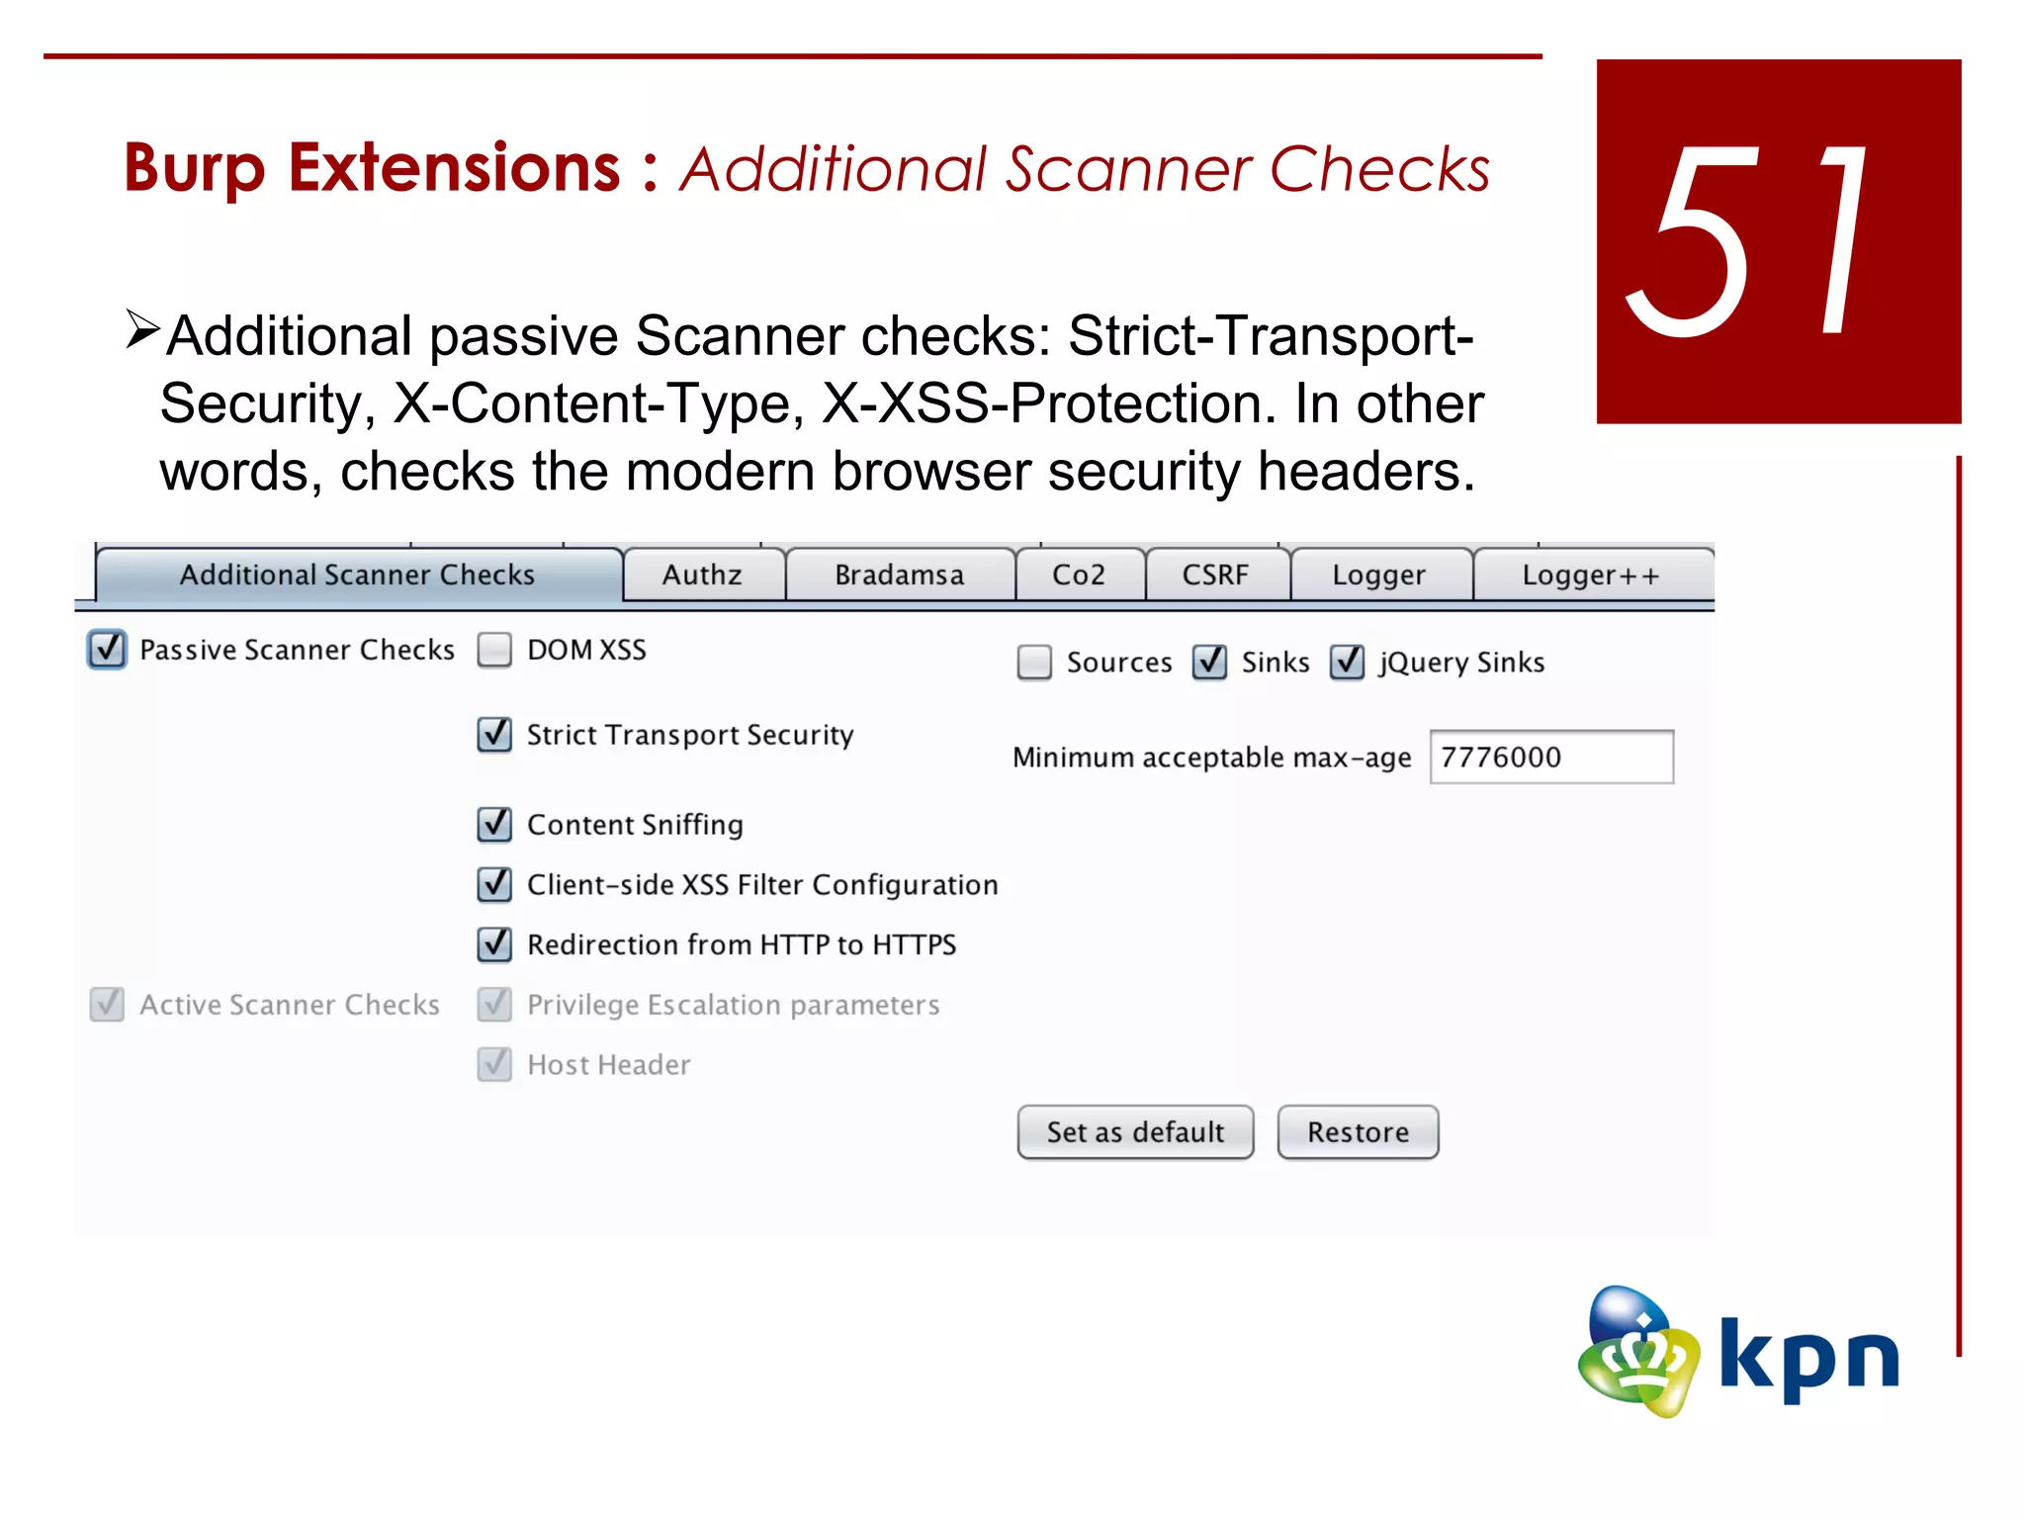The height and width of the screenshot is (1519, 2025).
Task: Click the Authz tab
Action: coord(702,575)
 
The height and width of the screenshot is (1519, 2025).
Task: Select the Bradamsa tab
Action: coord(899,575)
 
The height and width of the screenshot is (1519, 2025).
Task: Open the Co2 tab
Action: coord(1079,575)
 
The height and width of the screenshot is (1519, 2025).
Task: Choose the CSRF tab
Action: coord(1215,575)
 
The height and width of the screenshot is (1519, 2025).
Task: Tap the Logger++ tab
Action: coord(1591,575)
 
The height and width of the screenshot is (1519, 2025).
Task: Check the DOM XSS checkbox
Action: coord(494,650)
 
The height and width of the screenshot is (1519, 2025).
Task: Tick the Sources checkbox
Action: coord(1034,662)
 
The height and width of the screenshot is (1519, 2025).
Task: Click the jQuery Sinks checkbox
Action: coord(1347,662)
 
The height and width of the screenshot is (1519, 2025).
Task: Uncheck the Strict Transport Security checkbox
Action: coord(494,735)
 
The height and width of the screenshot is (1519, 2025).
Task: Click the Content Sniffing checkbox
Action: coord(494,824)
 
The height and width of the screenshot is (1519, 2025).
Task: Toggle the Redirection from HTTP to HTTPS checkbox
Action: coord(494,944)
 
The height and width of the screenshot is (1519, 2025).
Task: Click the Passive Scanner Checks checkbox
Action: coord(107,650)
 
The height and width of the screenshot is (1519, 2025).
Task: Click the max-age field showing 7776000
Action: coord(1550,758)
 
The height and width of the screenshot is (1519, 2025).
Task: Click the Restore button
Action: coord(1358,1132)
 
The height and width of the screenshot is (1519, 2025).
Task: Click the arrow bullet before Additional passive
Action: coord(142,329)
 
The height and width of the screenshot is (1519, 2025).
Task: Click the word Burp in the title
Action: coord(195,168)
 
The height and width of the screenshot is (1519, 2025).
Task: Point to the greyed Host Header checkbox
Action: coord(494,1064)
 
